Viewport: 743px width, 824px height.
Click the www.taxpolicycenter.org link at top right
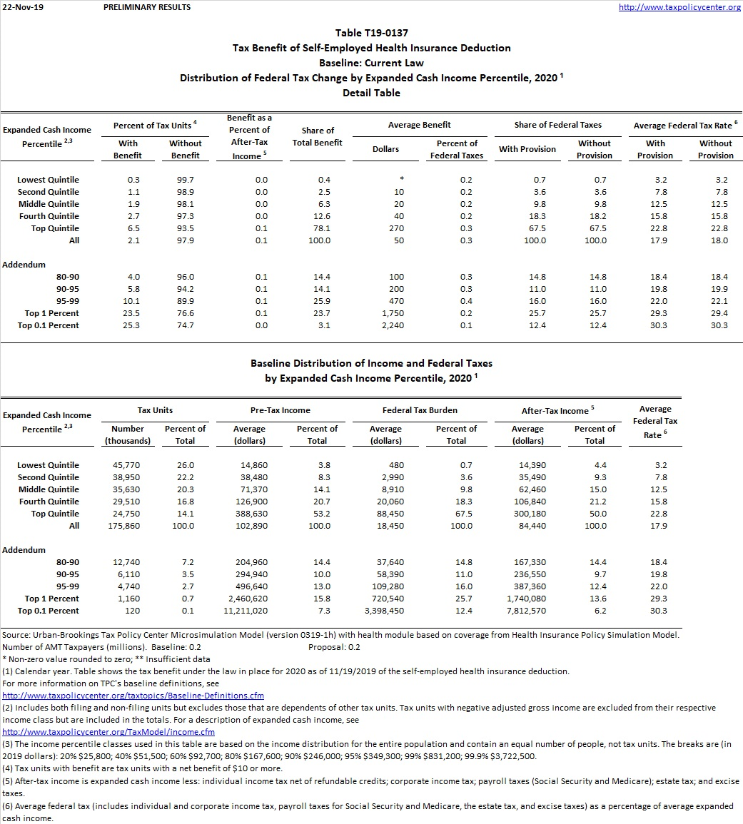[679, 7]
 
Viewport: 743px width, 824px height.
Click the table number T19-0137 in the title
[371, 33]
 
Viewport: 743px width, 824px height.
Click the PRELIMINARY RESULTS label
[147, 7]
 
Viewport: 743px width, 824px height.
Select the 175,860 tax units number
[127, 526]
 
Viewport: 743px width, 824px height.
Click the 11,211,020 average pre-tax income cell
[246, 611]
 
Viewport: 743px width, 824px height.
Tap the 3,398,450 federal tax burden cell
[383, 611]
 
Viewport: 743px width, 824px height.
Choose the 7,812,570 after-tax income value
[525, 611]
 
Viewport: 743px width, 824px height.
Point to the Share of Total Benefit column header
[318, 136]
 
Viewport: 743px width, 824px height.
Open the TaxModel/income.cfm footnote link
[108, 732]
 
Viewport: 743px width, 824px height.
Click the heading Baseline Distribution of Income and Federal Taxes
[371, 363]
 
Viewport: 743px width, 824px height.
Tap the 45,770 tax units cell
[127, 465]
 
